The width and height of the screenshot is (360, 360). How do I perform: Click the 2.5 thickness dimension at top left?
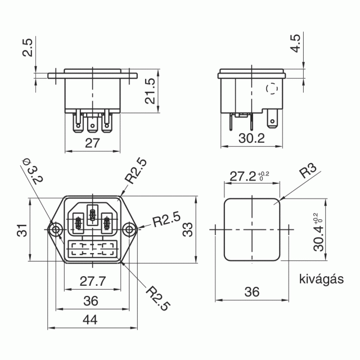coord(28,47)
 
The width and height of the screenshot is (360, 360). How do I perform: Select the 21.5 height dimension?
coord(150,91)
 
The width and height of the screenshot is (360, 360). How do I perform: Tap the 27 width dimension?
coord(92,143)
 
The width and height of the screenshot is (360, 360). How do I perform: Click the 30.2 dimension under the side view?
coord(251,138)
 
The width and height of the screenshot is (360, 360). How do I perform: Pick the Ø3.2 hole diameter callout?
coord(33,171)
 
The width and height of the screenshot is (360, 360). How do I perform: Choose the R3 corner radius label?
coord(308,171)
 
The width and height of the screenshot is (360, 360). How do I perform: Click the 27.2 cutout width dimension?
coord(249,176)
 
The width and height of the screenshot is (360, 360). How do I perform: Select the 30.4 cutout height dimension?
coord(318,232)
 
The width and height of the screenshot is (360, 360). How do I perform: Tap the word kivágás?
coord(321,279)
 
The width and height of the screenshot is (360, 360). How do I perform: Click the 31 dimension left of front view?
coord(22,230)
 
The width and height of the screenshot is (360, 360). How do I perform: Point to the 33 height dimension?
coord(188,229)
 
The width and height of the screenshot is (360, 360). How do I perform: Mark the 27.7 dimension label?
coord(93,281)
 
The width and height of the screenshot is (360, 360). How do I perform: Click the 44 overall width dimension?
coord(90,319)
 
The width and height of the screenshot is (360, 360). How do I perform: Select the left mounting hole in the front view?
coord(56,229)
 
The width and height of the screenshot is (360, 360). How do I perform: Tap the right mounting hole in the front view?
coord(129,229)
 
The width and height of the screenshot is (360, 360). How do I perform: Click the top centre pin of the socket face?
coord(92,215)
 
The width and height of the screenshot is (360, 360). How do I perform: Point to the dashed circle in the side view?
coord(272,88)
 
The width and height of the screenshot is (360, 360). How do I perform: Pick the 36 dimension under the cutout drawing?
coord(252,292)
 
